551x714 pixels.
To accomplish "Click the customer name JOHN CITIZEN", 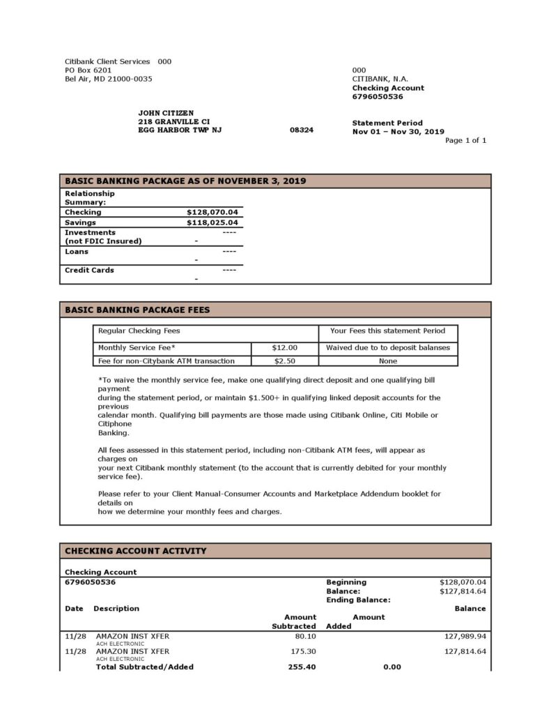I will pos(166,113).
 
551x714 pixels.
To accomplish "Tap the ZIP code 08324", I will pos(302,130).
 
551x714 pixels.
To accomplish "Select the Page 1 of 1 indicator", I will pos(465,140).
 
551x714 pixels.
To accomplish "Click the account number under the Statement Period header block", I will pos(378,96).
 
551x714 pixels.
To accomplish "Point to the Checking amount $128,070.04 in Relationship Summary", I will pos(212,212).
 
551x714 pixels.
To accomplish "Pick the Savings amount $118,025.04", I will pos(212,222).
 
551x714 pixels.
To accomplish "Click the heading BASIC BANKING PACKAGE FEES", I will pos(137,310).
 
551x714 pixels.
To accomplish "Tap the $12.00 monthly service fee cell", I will pos(284,347).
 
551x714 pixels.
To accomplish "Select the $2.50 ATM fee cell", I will pos(284,360).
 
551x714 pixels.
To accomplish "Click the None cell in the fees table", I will pos(388,360).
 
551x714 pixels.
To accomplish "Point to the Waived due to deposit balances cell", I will pos(388,347).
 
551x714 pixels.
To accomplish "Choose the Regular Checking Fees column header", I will pos(139,331).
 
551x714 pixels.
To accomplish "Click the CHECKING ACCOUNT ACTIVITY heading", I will pos(136,551).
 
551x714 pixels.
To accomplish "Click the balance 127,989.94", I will pos(465,636).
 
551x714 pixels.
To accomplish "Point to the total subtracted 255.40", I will pos(302,667).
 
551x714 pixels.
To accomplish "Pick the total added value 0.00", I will pos(392,667).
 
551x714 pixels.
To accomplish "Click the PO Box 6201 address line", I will pos(88,70).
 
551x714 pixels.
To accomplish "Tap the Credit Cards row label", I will pos(89,270).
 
